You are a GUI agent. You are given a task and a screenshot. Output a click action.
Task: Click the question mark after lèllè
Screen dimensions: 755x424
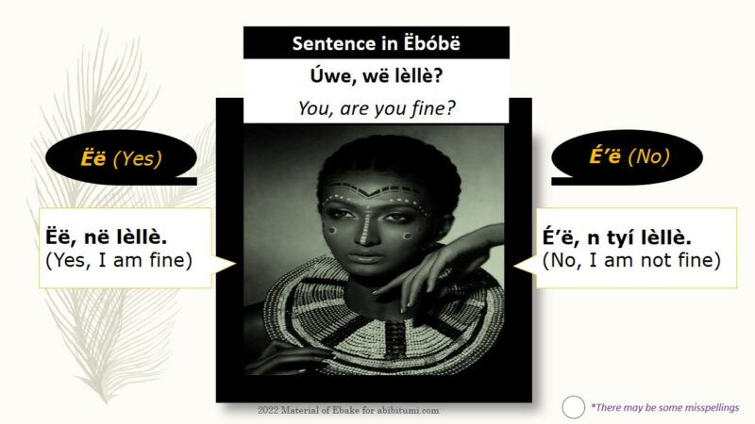click(438, 75)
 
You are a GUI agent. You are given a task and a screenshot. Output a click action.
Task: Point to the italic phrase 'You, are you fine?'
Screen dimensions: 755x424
click(377, 108)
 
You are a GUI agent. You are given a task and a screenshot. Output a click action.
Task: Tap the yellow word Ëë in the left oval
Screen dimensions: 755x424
click(93, 158)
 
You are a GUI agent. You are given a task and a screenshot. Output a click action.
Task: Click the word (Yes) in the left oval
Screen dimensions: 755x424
click(137, 158)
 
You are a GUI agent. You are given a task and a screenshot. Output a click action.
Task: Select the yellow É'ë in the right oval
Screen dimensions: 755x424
click(605, 155)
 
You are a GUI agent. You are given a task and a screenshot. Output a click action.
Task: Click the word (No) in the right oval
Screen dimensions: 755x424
click(649, 156)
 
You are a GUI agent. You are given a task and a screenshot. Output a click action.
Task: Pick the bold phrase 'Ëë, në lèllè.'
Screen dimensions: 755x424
click(106, 237)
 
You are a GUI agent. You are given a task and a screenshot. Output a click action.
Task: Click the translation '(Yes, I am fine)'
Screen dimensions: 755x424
click(119, 260)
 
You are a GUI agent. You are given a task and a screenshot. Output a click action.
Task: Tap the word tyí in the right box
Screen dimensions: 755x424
click(620, 238)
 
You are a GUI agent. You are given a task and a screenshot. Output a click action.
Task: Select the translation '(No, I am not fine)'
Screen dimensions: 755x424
click(631, 260)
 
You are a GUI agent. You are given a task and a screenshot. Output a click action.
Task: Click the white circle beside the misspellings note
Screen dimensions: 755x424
click(573, 407)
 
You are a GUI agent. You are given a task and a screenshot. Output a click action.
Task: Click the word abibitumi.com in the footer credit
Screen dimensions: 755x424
click(408, 411)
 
